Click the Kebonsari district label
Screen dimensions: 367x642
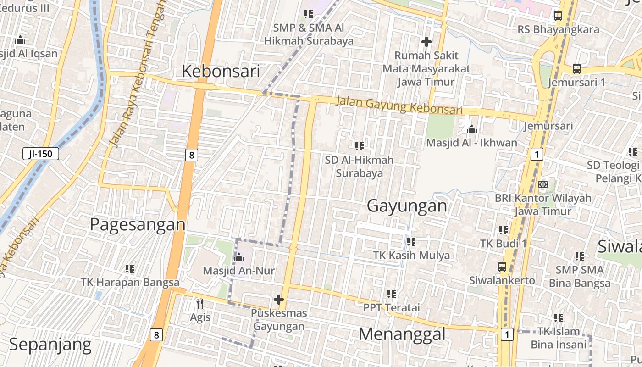[221, 71]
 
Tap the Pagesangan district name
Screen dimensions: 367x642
[138, 225]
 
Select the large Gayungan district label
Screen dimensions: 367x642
[407, 206]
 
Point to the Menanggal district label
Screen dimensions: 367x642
[402, 334]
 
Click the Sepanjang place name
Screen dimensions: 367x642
[50, 344]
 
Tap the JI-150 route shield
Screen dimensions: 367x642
[40, 154]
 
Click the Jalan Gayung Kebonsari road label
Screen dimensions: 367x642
[399, 105]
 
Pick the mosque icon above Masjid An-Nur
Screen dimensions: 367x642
[238, 258]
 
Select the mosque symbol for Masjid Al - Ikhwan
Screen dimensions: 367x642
[471, 130]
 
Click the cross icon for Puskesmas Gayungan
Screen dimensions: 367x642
[278, 300]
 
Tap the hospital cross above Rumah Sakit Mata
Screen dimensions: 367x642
[426, 42]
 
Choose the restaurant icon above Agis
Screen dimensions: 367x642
[199, 304]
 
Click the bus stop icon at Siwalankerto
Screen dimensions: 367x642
[502, 267]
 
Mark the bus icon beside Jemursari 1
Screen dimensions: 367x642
[576, 69]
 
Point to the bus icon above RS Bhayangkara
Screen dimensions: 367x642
[558, 16]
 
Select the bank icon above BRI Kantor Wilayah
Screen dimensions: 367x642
[542, 184]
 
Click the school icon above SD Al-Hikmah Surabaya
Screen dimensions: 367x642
[359, 146]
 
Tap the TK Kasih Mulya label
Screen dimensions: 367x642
[411, 255]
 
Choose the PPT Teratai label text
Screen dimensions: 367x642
[392, 307]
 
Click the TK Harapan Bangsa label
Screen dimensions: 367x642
[130, 282]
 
